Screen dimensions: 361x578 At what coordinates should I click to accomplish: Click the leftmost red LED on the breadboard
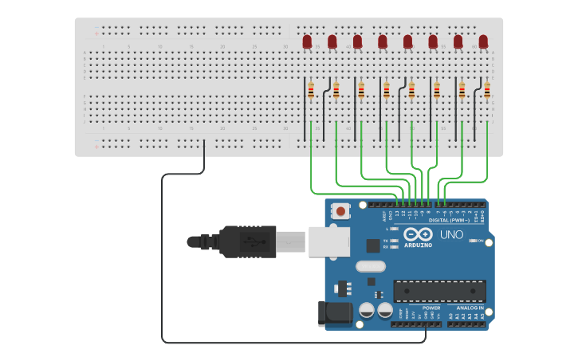tap(307, 41)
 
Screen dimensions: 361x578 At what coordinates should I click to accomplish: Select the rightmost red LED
tap(483, 41)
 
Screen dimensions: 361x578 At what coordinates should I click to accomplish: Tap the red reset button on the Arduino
tap(341, 212)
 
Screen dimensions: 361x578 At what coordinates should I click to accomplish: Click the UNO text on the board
tap(451, 234)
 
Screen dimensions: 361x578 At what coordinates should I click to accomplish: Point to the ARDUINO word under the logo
tap(418, 245)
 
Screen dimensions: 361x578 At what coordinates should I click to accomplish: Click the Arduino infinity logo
tap(418, 234)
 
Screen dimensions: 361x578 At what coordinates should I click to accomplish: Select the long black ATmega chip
tap(439, 291)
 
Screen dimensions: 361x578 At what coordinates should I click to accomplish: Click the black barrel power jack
tap(335, 314)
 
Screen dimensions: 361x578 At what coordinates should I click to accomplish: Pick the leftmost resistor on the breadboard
tap(311, 91)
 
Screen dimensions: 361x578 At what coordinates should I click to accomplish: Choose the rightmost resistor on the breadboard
tap(487, 91)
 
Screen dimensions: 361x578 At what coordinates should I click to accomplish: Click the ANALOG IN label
tap(470, 308)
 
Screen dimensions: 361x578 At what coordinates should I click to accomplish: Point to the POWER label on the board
tap(431, 308)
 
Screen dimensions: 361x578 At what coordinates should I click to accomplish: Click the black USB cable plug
tap(248, 241)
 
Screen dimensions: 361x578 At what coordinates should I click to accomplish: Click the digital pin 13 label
tap(397, 214)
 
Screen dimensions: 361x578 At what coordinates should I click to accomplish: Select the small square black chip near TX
tap(372, 245)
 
